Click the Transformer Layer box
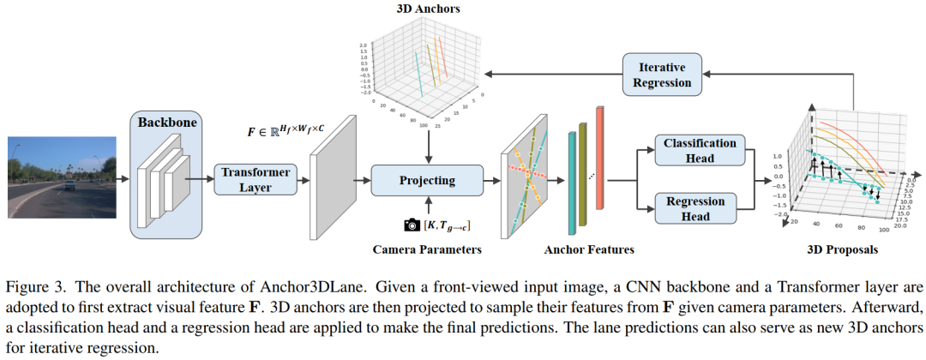[x=255, y=179]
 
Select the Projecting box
[x=427, y=180]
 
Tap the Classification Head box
[x=700, y=152]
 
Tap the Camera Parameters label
[x=427, y=249]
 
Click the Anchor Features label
[x=589, y=249]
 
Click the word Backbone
[x=167, y=123]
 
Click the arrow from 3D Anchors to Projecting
[x=427, y=147]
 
